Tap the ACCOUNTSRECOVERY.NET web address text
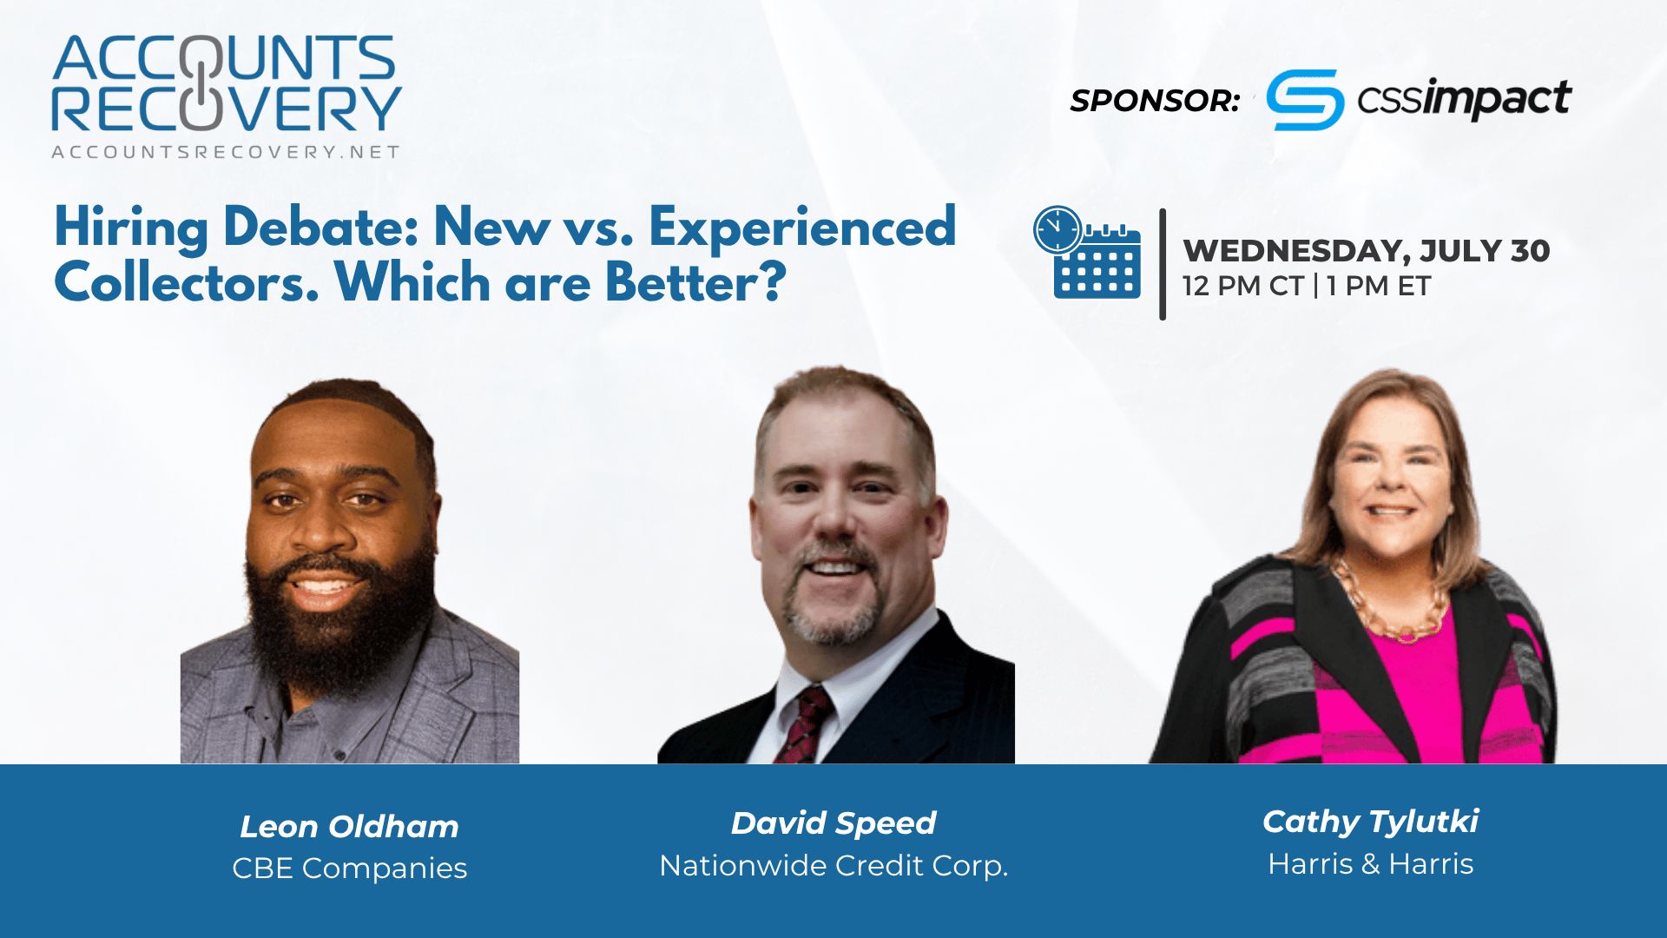tap(226, 152)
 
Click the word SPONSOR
tap(1154, 101)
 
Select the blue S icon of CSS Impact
tap(1305, 100)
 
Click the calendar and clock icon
tap(1087, 253)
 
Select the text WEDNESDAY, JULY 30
tap(1367, 251)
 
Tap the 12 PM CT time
tap(1242, 286)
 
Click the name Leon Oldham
tap(349, 827)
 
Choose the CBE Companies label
tap(349, 868)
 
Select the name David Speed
tap(833, 822)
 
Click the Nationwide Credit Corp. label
tap(833, 865)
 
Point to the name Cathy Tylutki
tap(1370, 821)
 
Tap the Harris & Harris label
tap(1370, 863)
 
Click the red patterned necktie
tap(801, 725)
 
